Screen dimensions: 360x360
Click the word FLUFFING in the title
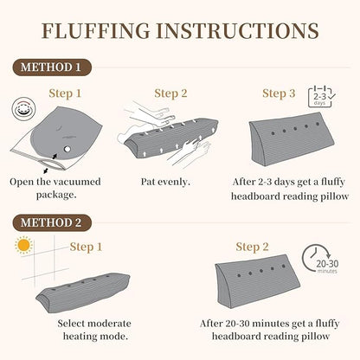click(96, 30)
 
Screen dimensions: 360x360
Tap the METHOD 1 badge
click(52, 67)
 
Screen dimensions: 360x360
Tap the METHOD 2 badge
click(52, 222)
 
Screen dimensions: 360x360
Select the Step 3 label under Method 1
click(279, 93)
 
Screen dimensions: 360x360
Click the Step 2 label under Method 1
click(170, 93)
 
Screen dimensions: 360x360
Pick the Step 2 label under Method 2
click(252, 247)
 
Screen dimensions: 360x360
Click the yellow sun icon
click(23, 245)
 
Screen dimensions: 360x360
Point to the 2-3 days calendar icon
click(321, 97)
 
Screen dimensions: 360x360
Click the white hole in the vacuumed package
click(67, 149)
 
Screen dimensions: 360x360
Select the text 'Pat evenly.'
click(165, 182)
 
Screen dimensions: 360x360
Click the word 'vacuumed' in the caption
click(74, 182)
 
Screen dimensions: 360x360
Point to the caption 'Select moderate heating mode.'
click(94, 330)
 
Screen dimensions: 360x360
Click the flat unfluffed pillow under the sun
click(83, 292)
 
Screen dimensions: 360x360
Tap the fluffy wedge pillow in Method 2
click(257, 280)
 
